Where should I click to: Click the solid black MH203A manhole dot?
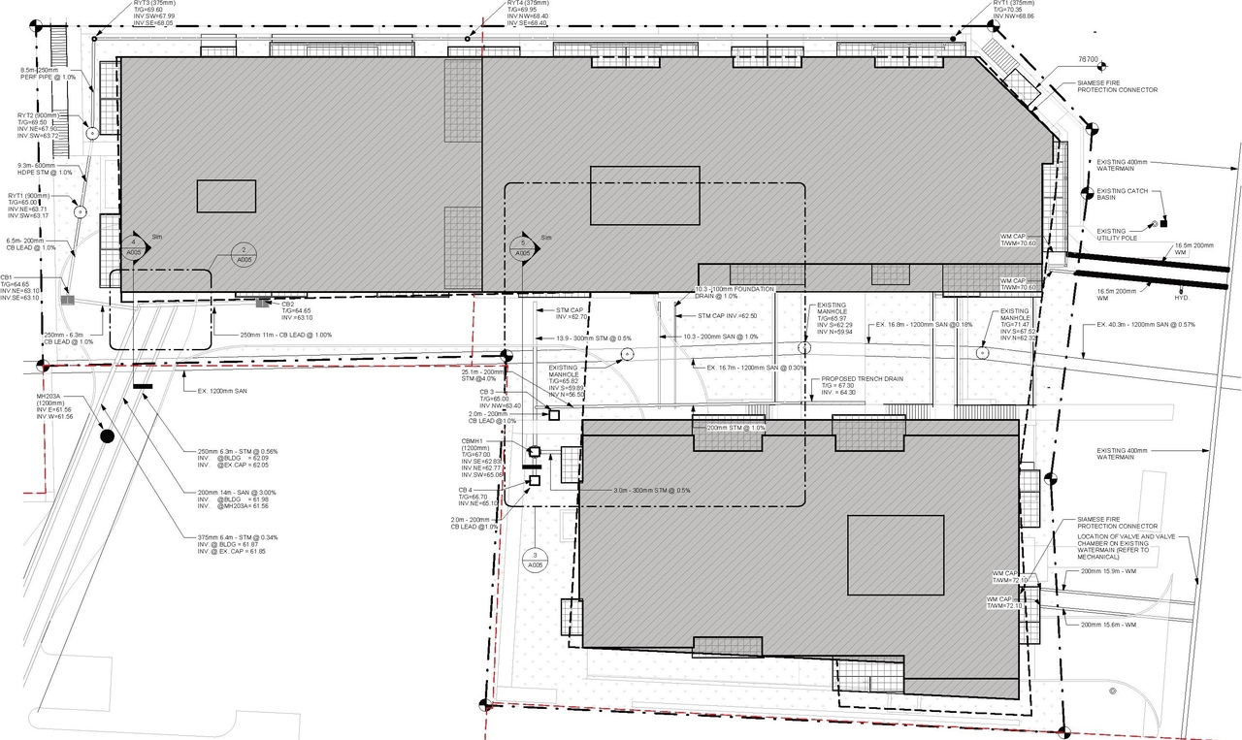coord(107,437)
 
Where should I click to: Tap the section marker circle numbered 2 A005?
coord(244,255)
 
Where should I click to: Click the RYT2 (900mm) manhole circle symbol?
coord(92,134)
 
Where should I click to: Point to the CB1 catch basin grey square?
coord(67,301)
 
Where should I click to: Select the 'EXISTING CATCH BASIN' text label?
coord(1123,195)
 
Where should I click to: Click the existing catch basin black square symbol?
coord(1163,220)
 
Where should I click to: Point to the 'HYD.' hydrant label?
coord(1182,298)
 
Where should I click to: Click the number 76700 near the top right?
coord(1089,60)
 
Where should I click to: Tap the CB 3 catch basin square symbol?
coord(554,415)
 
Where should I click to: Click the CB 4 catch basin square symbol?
coord(533,480)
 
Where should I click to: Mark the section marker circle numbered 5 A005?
coord(524,247)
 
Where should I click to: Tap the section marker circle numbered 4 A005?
coord(134,247)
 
